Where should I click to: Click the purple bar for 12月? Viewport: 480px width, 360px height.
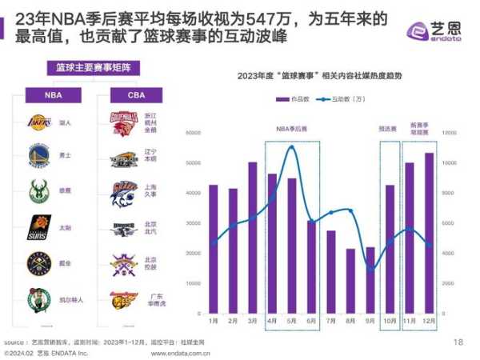tap(429, 233)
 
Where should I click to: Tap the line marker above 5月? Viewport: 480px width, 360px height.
tap(291, 148)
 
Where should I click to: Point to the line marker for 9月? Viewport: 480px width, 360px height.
tap(370, 270)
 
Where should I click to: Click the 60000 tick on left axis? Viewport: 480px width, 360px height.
tap(193, 133)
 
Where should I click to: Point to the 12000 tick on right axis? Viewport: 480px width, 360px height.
tap(449, 133)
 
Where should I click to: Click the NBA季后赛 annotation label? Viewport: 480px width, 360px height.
tap(292, 127)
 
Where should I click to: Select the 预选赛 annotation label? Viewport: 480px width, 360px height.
tap(390, 127)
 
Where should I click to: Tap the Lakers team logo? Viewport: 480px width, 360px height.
tap(39, 122)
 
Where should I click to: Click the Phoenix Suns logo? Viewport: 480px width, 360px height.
tap(39, 227)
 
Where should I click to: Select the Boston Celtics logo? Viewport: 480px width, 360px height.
tap(39, 298)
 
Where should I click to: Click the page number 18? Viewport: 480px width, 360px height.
tap(458, 342)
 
